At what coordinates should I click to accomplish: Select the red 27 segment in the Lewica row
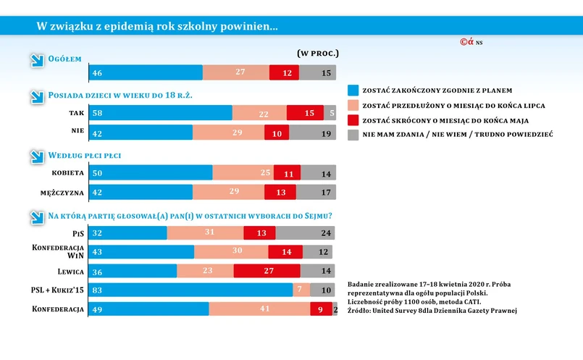point(267,271)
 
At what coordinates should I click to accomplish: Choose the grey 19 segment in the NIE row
point(312,133)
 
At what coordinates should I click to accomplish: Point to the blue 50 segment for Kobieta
point(151,173)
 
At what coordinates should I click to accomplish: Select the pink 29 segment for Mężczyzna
point(228,192)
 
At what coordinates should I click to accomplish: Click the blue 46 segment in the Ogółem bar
point(146,72)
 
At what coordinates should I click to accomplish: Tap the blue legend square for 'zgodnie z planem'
point(353,91)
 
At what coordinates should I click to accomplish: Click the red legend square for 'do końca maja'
point(353,120)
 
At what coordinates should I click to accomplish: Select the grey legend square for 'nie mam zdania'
point(353,135)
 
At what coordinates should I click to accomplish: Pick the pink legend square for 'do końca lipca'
point(353,106)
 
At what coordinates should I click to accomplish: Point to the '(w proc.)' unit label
point(318,54)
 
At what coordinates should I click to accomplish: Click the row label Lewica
point(70,272)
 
